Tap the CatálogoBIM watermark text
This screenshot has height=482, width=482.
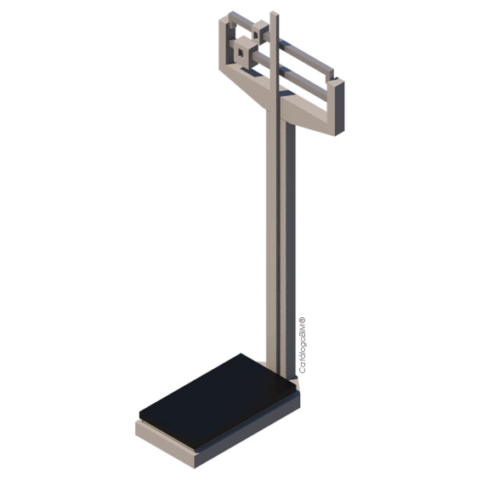pos(303,345)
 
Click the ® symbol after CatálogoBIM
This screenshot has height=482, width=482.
pos(303,320)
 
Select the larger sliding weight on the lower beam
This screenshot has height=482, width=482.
pos(245,52)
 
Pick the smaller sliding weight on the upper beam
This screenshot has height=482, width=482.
pos(260,31)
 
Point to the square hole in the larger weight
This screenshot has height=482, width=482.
pos(241,54)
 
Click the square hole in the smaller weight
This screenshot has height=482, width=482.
pos(255,35)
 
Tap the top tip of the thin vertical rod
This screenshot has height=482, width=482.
pos(275,12)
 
